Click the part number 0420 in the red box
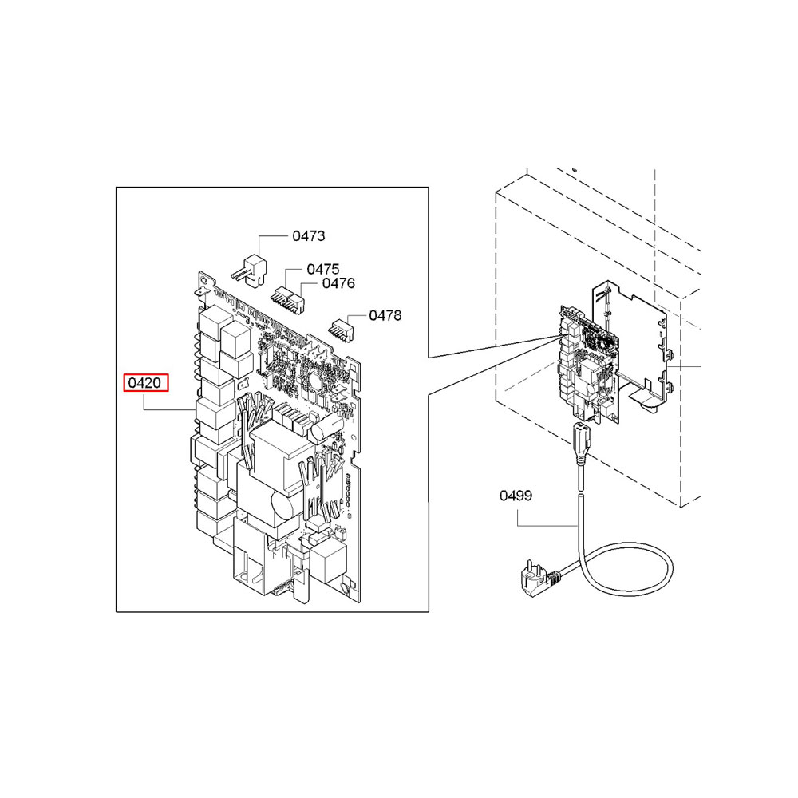coord(145,384)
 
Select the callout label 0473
coord(308,236)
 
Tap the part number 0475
coord(322,270)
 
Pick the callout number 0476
coord(338,283)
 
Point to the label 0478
coord(385,315)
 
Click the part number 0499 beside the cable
coord(516,496)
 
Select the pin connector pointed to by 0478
coord(342,328)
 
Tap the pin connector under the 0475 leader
coord(282,297)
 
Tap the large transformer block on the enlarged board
coord(271,471)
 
